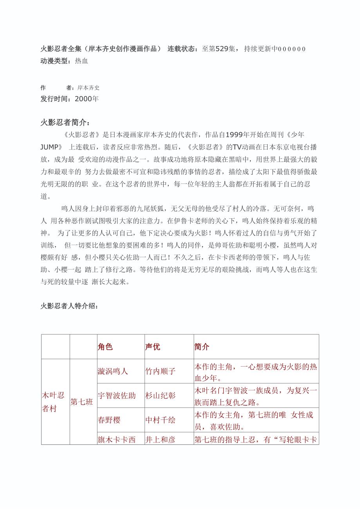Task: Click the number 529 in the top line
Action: [222, 49]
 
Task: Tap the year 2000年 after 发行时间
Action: [86, 99]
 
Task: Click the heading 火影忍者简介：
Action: [65, 122]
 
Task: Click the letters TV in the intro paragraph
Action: [238, 147]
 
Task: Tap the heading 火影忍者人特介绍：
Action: [69, 306]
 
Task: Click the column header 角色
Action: [105, 347]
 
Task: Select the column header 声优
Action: [153, 347]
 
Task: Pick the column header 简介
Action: [202, 347]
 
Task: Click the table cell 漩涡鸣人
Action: [113, 371]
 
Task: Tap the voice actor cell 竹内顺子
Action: [160, 371]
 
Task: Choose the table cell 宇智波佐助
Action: [117, 396]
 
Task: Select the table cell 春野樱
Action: [109, 420]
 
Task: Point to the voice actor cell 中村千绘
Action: [160, 420]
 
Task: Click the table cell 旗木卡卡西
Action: [117, 439]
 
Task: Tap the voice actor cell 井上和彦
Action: [160, 439]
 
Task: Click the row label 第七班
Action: [82, 402]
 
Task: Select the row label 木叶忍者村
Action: [53, 402]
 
